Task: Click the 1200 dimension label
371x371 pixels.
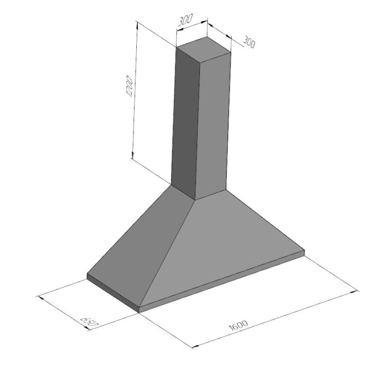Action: [129, 86]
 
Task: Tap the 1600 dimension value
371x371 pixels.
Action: [238, 325]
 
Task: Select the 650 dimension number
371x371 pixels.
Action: [89, 322]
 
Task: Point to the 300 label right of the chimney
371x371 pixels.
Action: [249, 42]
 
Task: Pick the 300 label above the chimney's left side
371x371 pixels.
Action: [185, 20]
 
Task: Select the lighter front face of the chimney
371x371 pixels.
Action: [213, 126]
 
